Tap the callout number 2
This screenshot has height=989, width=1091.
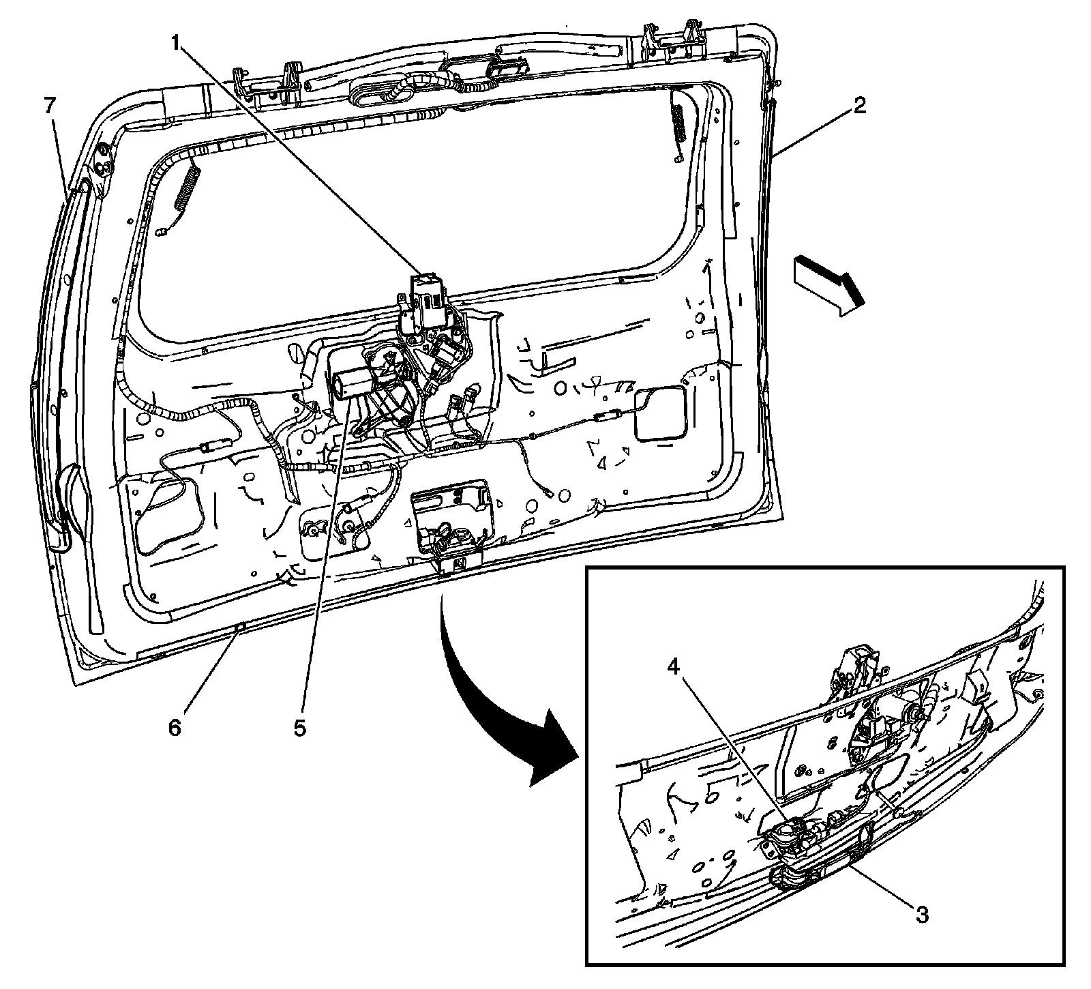tap(858, 106)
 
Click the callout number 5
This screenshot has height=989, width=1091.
tap(300, 728)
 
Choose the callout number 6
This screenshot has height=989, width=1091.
tap(175, 728)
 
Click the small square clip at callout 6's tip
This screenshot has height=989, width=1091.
tap(239, 625)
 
